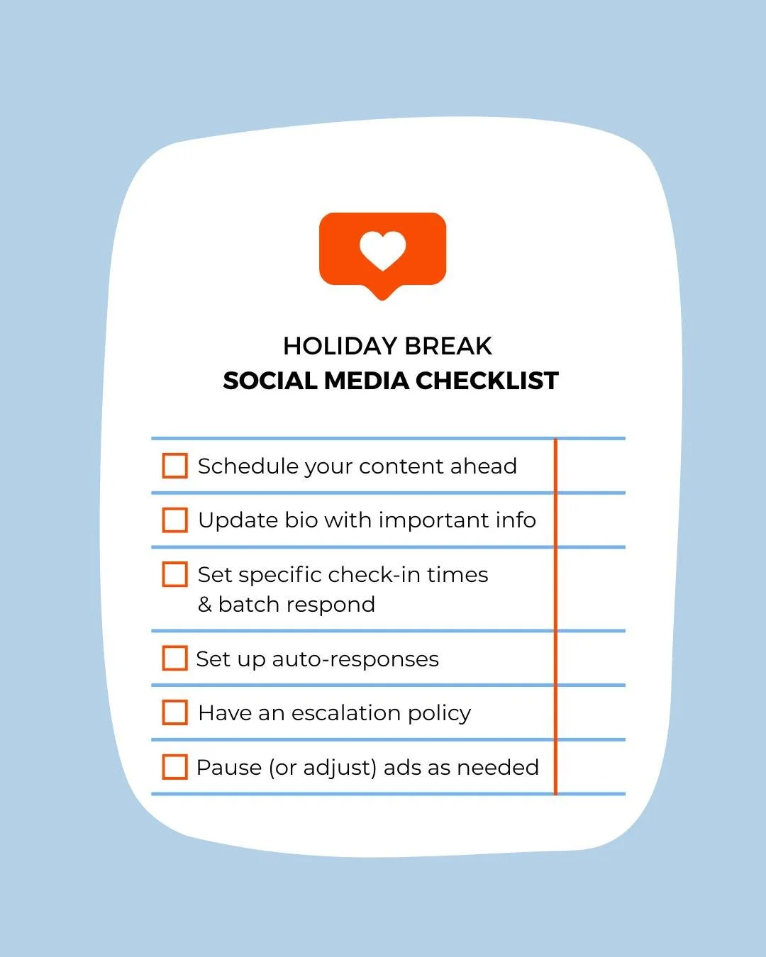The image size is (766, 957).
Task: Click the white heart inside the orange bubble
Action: click(x=382, y=250)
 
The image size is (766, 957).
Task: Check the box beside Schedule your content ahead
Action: click(x=175, y=466)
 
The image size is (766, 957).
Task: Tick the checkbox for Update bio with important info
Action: click(x=175, y=520)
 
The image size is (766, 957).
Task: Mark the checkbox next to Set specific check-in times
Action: click(x=175, y=574)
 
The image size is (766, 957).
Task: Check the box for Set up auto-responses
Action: click(x=175, y=658)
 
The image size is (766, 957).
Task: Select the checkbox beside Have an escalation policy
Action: click(x=175, y=712)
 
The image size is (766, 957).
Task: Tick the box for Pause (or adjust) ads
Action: click(x=175, y=767)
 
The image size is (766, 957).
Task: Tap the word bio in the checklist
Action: click(x=301, y=520)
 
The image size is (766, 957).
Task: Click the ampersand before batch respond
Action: click(x=205, y=605)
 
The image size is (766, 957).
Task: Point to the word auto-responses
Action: click(x=355, y=659)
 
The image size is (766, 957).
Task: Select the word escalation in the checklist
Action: click(x=335, y=713)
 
